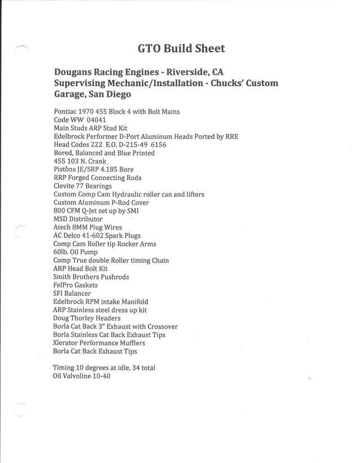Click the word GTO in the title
(150, 48)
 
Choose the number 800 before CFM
(60, 210)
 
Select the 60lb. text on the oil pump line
(61, 252)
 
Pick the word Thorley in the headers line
(84, 318)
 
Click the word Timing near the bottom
(65, 367)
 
